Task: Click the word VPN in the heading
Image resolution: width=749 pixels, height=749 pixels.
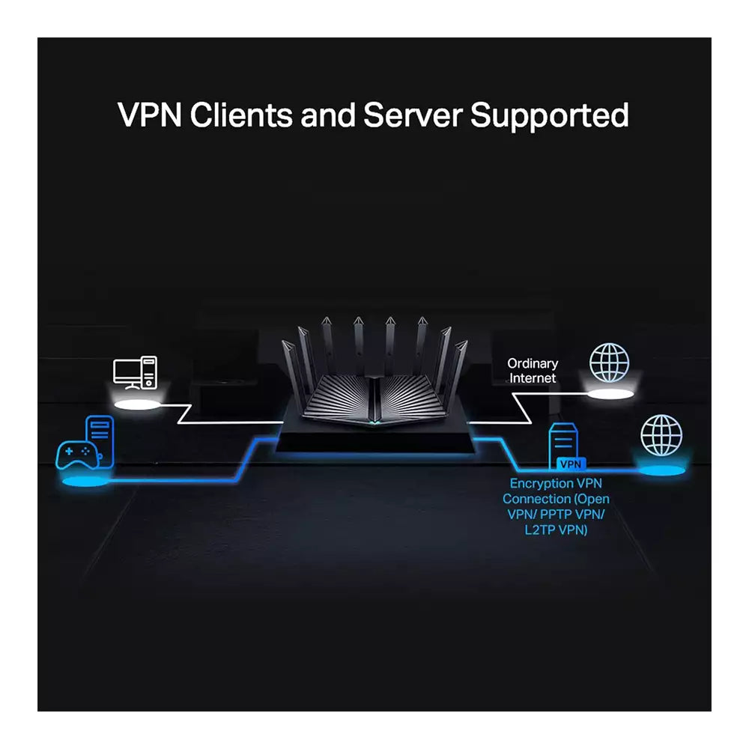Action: pos(149,116)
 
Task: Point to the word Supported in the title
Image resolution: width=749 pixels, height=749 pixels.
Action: pos(550,116)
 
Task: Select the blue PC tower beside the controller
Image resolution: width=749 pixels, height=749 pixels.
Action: pos(100,441)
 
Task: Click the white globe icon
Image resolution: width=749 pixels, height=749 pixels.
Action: pos(609,363)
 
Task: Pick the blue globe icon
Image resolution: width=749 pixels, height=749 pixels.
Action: pos(661,435)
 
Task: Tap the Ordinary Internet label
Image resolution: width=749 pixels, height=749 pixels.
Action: pos(533,371)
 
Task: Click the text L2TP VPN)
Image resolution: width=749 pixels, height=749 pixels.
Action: pos(556,530)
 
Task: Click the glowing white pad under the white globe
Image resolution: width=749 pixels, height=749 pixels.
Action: pos(613,393)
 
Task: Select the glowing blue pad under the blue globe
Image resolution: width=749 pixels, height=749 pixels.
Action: pos(660,470)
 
